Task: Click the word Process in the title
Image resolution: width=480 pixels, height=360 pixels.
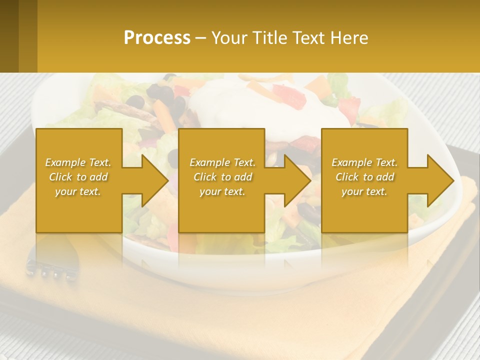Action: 157,38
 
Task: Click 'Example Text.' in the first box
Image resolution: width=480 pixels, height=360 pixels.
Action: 78,162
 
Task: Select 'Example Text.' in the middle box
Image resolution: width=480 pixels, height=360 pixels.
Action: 222,162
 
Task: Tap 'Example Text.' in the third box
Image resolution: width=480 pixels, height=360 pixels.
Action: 364,162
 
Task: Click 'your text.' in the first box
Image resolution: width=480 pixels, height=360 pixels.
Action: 78,191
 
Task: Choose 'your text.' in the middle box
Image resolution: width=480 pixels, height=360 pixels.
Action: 222,191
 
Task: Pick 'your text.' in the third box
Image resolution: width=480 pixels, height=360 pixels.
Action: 364,191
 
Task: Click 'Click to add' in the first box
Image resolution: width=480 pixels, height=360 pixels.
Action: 78,177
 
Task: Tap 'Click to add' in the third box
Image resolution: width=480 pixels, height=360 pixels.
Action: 364,177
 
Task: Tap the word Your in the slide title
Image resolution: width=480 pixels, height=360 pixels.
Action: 229,38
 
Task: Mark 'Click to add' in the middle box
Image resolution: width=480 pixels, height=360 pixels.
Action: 222,177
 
